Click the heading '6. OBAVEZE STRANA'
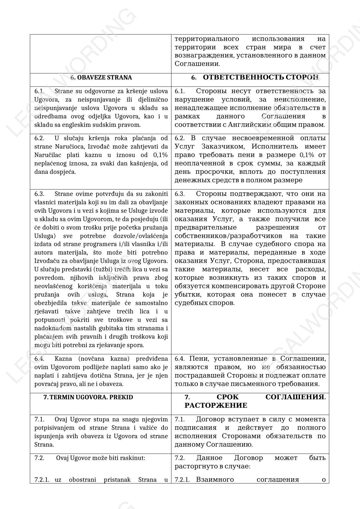point(101,77)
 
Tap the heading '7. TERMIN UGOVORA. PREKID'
point(88,397)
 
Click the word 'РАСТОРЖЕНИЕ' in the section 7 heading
point(216,405)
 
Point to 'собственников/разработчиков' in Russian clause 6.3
point(226,236)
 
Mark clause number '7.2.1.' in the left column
point(42,479)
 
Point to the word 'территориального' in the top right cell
point(207,39)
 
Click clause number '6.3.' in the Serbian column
point(39,194)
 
